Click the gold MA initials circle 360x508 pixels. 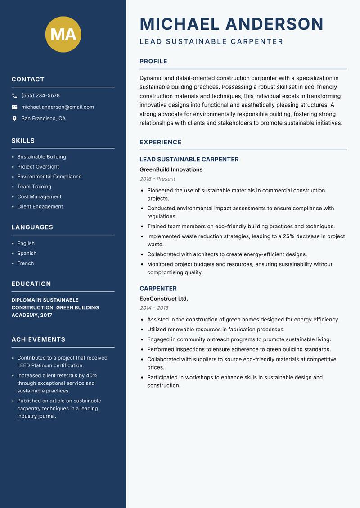point(63,34)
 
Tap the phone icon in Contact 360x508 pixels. point(14,96)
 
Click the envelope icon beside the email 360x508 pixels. point(14,107)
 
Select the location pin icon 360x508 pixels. point(14,119)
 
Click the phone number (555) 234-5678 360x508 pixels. point(40,96)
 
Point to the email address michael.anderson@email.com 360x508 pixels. point(58,107)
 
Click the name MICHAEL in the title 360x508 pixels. point(180,24)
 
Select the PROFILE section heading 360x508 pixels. point(153,62)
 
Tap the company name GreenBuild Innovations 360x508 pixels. point(171,170)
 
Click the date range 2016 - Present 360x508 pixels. point(157,179)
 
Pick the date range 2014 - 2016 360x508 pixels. point(154,308)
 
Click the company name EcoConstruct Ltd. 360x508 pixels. point(164,299)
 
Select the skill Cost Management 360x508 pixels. point(39,196)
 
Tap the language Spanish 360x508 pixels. point(27,253)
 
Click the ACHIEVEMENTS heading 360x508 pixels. point(38,339)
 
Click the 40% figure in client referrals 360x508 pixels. point(92,375)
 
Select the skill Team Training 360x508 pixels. point(34,187)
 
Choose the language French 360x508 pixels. point(25,263)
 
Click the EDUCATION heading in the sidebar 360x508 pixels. point(31,284)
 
